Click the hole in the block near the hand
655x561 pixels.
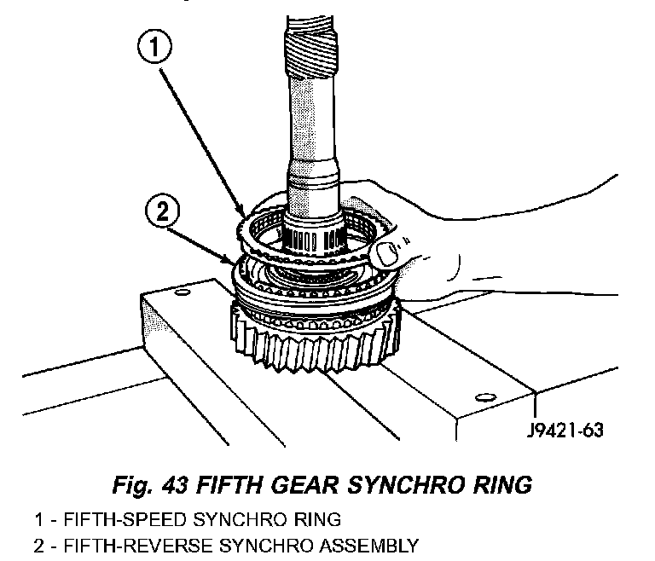[x=486, y=395]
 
